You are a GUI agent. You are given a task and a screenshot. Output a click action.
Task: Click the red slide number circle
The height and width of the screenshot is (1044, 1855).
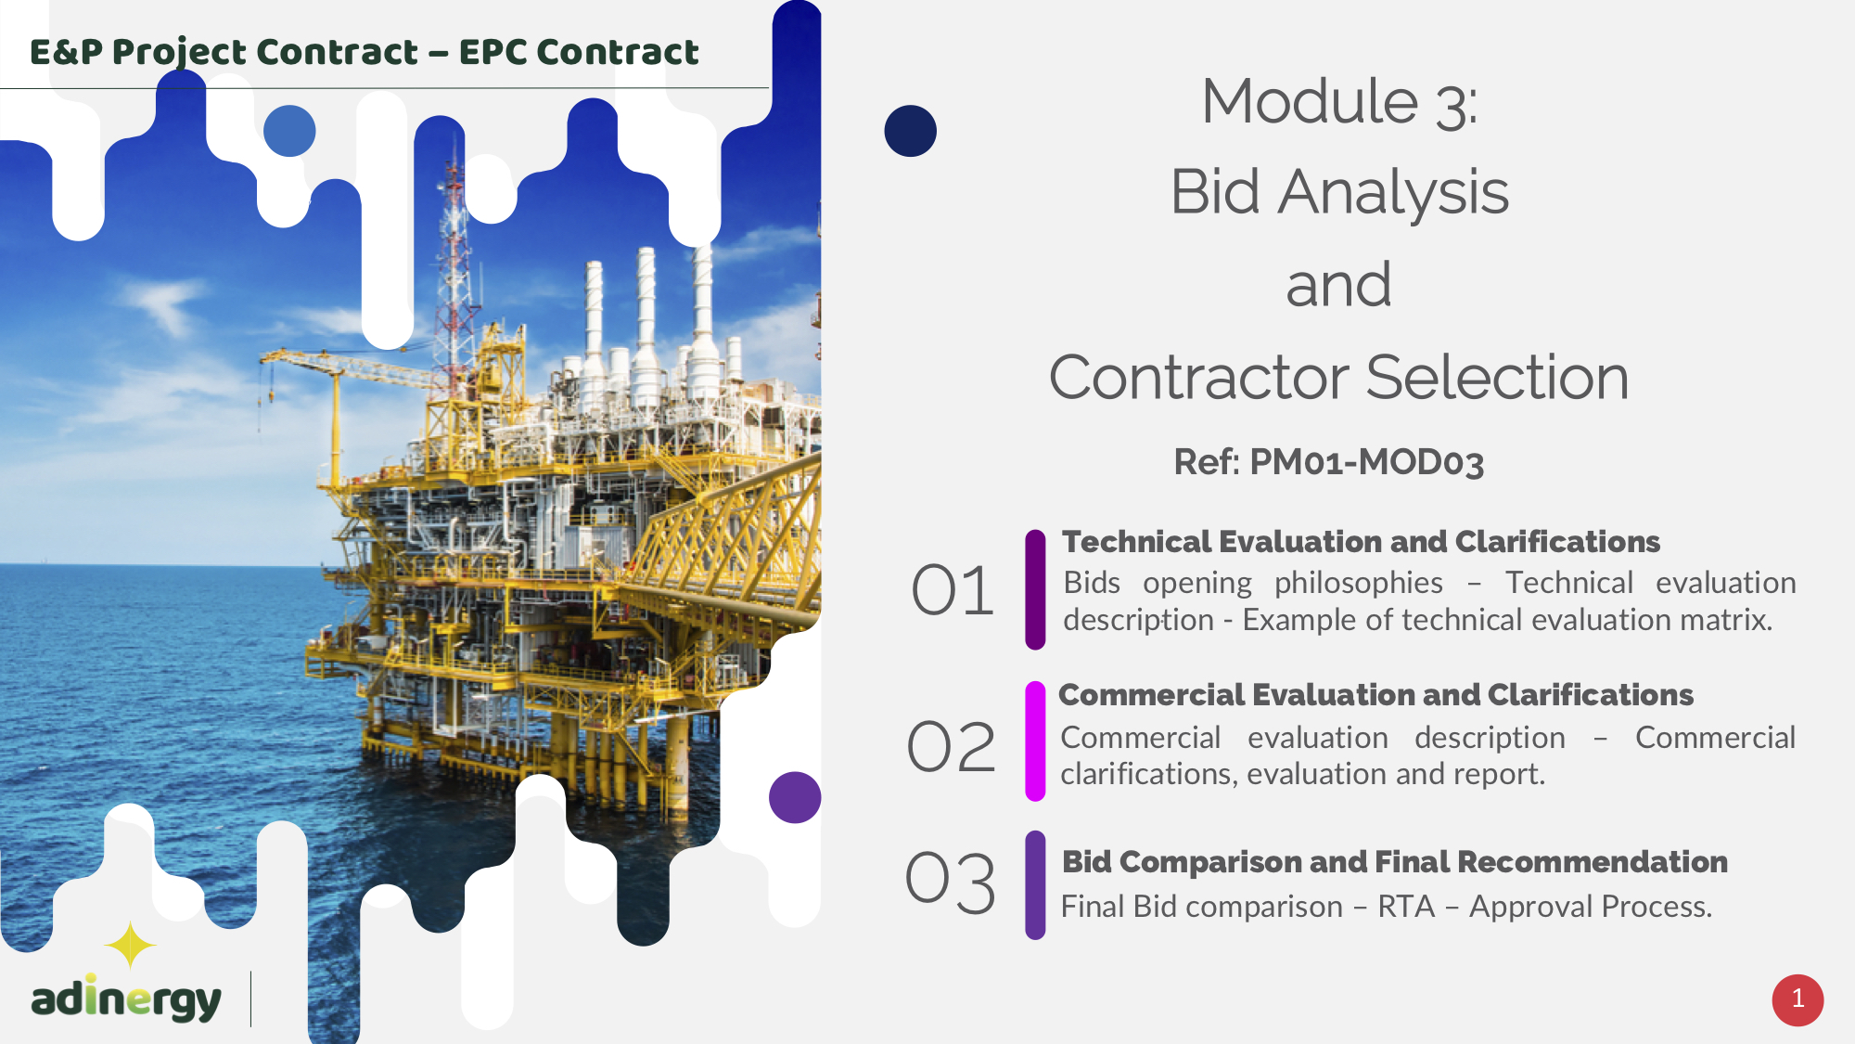pyautogui.click(x=1797, y=999)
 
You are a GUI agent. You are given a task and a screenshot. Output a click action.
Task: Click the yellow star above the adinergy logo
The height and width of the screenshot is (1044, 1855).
pyautogui.click(x=130, y=946)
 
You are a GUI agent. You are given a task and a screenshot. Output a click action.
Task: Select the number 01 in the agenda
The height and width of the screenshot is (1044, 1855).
pyautogui.click(x=953, y=590)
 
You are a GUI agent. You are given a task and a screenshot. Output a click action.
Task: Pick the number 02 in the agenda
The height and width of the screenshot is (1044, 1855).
pyautogui.click(x=952, y=746)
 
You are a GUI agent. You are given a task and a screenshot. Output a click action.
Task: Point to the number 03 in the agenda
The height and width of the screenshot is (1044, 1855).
pyautogui.click(x=951, y=881)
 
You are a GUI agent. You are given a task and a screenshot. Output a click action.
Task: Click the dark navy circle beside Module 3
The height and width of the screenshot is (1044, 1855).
pyautogui.click(x=910, y=130)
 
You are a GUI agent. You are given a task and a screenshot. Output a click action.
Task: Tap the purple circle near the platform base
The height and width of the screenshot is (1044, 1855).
pyautogui.click(x=795, y=797)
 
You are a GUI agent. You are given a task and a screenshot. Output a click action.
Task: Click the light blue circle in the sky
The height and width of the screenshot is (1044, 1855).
pyautogui.click(x=289, y=130)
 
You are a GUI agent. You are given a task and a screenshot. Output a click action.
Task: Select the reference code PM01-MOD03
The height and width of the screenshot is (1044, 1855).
pyautogui.click(x=1366, y=462)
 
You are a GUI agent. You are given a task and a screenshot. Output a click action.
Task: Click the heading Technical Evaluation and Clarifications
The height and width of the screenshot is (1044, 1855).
pyautogui.click(x=1361, y=541)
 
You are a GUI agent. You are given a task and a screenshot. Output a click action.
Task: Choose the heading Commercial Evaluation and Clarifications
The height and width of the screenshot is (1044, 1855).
pyautogui.click(x=1375, y=694)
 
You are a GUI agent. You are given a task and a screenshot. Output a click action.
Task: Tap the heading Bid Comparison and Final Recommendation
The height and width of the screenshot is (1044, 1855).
pyautogui.click(x=1395, y=861)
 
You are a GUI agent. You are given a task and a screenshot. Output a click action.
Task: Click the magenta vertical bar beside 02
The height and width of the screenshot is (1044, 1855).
pyautogui.click(x=1035, y=741)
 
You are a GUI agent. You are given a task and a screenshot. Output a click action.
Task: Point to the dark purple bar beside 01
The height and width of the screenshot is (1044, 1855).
pyautogui.click(x=1035, y=589)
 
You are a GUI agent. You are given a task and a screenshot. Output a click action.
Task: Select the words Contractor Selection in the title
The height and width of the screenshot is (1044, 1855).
pyautogui.click(x=1338, y=377)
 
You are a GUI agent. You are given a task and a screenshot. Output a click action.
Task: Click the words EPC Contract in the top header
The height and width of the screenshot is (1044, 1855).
pyautogui.click(x=579, y=52)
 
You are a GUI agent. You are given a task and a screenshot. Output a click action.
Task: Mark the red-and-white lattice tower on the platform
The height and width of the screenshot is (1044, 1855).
pyautogui.click(x=454, y=269)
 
